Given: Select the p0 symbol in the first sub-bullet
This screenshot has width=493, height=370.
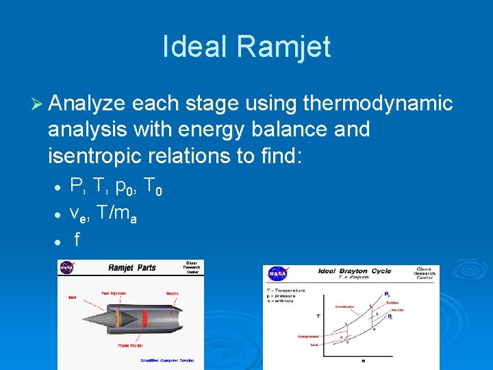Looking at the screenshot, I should click(127, 189).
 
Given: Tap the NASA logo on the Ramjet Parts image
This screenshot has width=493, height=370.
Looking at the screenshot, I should click(66, 268).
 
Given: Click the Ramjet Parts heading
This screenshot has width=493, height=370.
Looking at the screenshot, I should click(132, 268).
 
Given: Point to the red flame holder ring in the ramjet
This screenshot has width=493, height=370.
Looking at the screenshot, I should click(144, 319).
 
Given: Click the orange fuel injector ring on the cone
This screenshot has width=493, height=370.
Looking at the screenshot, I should click(117, 319).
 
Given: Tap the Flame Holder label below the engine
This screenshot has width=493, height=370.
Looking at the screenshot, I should click(130, 345).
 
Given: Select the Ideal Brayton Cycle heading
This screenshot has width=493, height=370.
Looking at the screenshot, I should click(354, 271).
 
